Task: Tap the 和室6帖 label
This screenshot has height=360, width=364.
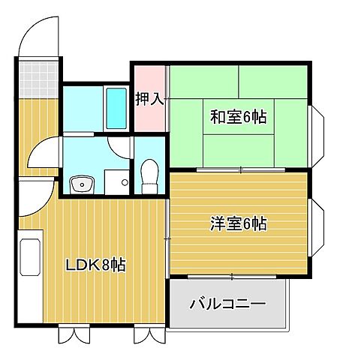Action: (238, 117)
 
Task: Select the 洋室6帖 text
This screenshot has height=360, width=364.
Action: (238, 223)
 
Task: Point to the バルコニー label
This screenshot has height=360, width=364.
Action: (227, 304)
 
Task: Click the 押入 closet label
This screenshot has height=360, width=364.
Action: (149, 98)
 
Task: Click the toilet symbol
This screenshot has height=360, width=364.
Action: (149, 175)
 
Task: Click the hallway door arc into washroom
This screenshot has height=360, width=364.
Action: (41, 154)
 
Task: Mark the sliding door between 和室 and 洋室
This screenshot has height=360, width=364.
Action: (240, 170)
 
